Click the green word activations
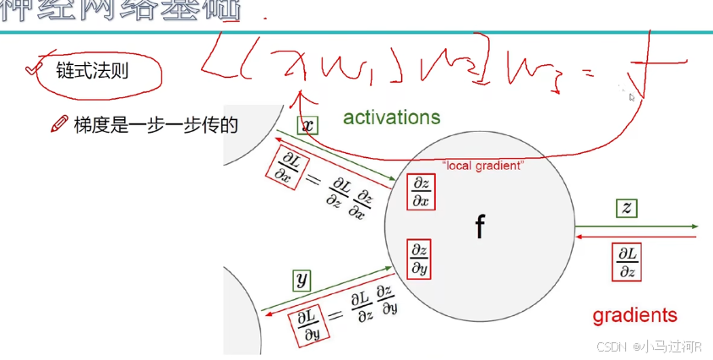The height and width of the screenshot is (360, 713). coord(391,117)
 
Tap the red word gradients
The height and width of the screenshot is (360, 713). coord(634,315)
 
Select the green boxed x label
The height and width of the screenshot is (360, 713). coord(308,125)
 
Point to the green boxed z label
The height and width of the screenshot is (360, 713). coord(626,208)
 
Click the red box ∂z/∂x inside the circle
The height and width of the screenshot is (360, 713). coord(420,192)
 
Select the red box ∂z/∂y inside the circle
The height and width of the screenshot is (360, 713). coord(419,257)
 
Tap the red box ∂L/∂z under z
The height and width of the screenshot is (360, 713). coord(627,262)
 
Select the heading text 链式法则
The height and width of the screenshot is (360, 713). coord(92,70)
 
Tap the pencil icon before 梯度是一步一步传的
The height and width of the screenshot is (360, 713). coord(58,125)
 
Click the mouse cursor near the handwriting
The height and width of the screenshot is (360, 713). coord(631,96)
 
